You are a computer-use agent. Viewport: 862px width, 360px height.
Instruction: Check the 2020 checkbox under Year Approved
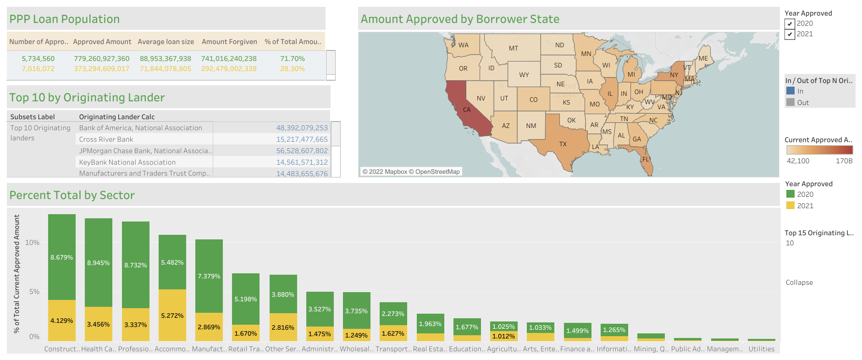click(790, 24)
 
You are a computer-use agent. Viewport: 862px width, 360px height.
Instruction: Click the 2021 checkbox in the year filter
click(790, 34)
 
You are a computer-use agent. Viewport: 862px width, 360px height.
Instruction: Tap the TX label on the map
click(563, 144)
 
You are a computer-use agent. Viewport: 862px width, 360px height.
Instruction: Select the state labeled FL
click(646, 159)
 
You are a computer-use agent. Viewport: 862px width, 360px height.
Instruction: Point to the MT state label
click(513, 48)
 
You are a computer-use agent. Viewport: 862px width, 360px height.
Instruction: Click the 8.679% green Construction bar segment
click(62, 257)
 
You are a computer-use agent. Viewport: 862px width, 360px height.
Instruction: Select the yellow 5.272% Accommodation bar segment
click(172, 316)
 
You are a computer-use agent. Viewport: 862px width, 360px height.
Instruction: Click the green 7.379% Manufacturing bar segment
click(209, 276)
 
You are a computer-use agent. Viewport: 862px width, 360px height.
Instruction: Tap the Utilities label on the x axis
click(761, 349)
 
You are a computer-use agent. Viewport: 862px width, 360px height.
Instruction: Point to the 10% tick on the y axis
click(32, 243)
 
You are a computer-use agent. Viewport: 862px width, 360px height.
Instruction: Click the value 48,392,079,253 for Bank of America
click(302, 128)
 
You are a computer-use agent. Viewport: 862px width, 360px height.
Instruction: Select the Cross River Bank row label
click(106, 139)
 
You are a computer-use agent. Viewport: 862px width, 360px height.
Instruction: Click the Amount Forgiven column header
click(229, 42)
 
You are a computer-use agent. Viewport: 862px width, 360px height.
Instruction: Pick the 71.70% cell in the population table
click(292, 59)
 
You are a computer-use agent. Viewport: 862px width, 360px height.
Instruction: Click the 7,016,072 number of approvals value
click(38, 69)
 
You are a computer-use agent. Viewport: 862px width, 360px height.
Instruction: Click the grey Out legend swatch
click(790, 102)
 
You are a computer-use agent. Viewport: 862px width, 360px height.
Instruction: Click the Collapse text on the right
click(799, 282)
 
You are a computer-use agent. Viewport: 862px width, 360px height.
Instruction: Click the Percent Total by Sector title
click(72, 195)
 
